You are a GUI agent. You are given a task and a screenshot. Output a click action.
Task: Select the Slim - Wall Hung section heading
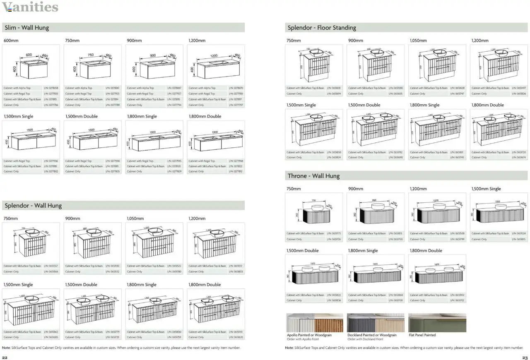coord(27,28)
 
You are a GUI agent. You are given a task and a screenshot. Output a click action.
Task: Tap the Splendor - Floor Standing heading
coord(322,28)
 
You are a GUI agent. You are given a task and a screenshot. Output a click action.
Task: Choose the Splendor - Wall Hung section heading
coord(33,206)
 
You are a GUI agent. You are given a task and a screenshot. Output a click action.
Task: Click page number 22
coord(5,358)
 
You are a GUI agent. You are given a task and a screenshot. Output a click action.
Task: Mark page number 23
coord(525,358)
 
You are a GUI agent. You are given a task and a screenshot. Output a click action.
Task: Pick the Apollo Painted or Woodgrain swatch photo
coord(315,323)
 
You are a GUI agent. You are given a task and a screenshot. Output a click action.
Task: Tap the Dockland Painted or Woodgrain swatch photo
coord(376,323)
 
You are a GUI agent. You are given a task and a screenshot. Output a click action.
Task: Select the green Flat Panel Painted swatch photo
coord(437,323)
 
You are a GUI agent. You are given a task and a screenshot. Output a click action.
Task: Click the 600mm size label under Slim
coord(11,41)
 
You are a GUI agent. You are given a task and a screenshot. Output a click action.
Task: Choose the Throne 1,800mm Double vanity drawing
coord(437,273)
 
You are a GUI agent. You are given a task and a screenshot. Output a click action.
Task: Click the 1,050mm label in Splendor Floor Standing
coord(418,41)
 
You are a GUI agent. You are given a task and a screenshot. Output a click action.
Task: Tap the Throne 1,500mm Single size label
coord(486,189)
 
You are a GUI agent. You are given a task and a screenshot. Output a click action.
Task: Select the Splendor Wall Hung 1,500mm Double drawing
coord(92,308)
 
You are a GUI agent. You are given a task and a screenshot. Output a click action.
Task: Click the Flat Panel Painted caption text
coord(422,335)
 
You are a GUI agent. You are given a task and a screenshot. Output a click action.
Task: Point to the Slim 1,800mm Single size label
coord(142,116)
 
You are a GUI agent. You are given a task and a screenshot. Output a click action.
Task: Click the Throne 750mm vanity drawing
coord(314,212)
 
